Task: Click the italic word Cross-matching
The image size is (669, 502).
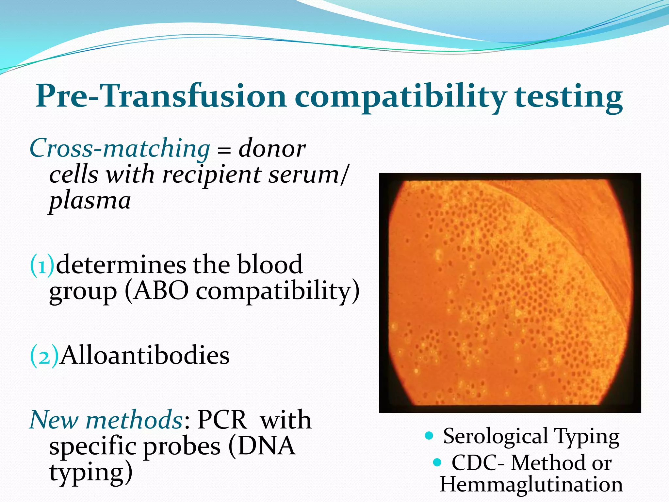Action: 120,149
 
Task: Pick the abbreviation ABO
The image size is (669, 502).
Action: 161,291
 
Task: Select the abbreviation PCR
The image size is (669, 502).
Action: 222,420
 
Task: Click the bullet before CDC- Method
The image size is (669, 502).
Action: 437,462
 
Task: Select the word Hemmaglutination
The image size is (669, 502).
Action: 531,484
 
